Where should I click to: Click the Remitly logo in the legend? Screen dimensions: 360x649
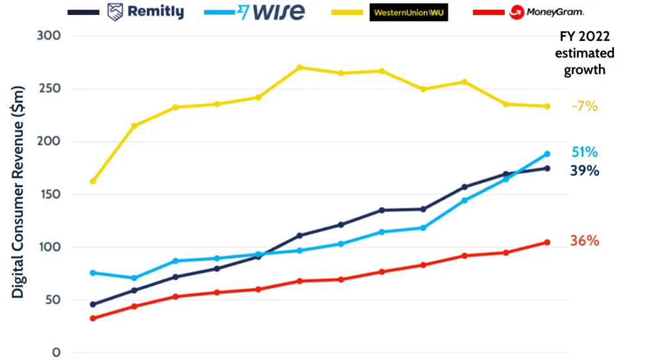click(145, 12)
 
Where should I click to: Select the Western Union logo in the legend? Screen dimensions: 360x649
click(408, 12)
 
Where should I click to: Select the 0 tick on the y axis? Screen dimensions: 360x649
click(56, 353)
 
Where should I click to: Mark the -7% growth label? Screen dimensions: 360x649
click(584, 106)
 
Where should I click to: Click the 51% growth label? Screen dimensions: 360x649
click(584, 152)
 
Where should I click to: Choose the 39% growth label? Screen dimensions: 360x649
click(584, 171)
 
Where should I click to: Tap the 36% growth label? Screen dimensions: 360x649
click(584, 241)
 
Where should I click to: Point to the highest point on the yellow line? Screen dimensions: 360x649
click(300, 67)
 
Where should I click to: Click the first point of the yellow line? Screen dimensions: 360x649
click(93, 181)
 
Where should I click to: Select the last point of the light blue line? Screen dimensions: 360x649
click(547, 154)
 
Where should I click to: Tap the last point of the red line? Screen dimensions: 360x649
click(547, 243)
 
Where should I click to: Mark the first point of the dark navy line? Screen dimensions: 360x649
click(93, 304)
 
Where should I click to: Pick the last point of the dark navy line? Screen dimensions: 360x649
click(547, 169)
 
